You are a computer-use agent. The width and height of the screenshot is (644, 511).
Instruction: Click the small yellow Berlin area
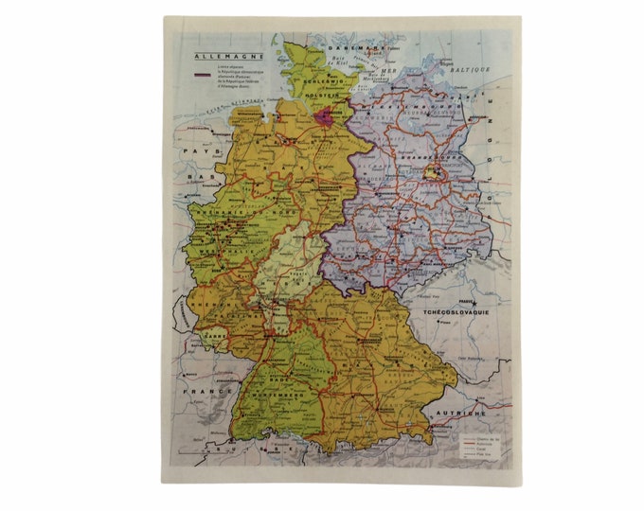point(432,173)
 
